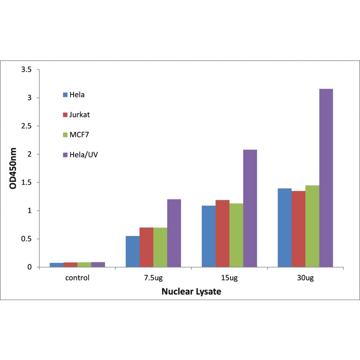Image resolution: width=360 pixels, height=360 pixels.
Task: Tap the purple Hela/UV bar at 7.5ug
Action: click(x=174, y=233)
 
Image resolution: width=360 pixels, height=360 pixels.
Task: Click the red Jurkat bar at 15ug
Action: click(x=222, y=233)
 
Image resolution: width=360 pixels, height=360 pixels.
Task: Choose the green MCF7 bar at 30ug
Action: click(x=312, y=226)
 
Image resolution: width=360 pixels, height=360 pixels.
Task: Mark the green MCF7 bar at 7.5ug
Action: click(x=160, y=247)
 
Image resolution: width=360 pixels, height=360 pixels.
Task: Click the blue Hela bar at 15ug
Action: click(x=208, y=236)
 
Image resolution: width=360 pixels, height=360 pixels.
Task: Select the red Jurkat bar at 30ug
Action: click(x=298, y=229)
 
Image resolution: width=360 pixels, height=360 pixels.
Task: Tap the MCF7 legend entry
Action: click(x=79, y=135)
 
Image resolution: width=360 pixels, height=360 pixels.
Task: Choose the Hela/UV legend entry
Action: click(x=83, y=155)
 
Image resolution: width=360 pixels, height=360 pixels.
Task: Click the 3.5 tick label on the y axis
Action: click(x=27, y=70)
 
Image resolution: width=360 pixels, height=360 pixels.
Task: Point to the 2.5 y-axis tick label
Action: click(x=27, y=126)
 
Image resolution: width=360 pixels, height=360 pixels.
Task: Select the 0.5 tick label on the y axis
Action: click(x=27, y=239)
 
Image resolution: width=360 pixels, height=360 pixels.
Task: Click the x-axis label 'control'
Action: click(x=77, y=278)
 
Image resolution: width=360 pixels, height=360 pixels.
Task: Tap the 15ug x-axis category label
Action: click(x=229, y=278)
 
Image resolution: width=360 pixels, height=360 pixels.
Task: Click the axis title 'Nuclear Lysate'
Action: click(x=191, y=292)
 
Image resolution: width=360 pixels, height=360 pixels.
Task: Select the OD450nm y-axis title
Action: click(x=14, y=168)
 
